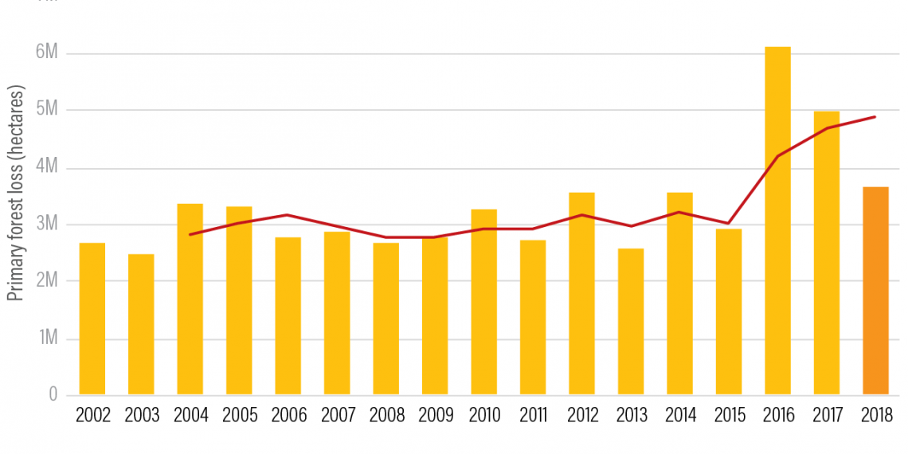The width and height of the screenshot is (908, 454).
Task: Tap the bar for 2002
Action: (92, 319)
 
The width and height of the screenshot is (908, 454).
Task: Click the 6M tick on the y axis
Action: (47, 53)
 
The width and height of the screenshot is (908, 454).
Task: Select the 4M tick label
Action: (47, 167)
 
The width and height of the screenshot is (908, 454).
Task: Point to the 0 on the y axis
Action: (53, 394)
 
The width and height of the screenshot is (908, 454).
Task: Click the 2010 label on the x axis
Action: (484, 416)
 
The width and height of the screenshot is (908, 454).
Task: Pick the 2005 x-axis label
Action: (240, 416)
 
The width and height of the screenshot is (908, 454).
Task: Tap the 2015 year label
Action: (729, 416)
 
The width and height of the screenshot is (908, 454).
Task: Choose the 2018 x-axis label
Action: (875, 416)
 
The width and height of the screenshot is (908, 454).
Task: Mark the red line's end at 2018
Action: (875, 117)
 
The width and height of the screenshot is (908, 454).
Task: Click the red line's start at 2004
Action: (190, 234)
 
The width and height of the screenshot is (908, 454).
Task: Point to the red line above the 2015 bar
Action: (729, 223)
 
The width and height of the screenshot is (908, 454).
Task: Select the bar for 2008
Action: (386, 319)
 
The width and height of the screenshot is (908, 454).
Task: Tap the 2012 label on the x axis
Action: (582, 416)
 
